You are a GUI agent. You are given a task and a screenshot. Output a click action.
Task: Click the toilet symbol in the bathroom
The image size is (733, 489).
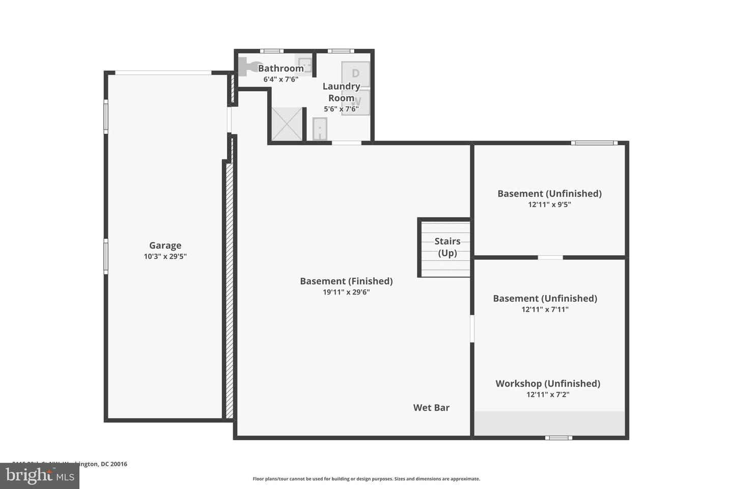coord(248,67)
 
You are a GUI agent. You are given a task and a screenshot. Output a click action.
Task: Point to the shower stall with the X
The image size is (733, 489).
coord(287,124)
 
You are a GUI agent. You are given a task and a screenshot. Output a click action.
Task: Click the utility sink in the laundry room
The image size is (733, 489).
coord(319,129)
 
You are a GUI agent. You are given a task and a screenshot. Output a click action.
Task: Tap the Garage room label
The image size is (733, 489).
coord(165,246)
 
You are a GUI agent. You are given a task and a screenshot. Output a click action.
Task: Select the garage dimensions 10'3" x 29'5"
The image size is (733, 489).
coord(165,257)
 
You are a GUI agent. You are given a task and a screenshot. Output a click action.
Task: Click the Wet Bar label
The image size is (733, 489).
coord(431,407)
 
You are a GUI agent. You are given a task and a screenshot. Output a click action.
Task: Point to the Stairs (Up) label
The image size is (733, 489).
coord(447,247)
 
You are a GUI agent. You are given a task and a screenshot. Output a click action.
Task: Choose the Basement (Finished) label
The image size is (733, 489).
coord(346,281)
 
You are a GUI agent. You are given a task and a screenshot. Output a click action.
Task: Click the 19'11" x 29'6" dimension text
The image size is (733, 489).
coord(346,292)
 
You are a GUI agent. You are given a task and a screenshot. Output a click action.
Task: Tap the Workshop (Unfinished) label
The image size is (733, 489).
coord(548,384)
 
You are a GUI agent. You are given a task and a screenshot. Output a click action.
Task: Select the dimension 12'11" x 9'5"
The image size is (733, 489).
coord(549,205)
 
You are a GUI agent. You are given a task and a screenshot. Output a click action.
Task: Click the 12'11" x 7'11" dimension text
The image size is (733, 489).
coord(545,310)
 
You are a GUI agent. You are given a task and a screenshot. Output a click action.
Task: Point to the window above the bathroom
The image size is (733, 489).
coord(271,51)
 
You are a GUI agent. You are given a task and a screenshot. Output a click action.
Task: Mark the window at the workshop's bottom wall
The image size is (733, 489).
coord(558,438)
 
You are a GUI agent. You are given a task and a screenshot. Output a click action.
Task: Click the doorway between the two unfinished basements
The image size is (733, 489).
coord(550,257)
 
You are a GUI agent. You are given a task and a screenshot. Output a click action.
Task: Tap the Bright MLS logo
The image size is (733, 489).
coord(39,476)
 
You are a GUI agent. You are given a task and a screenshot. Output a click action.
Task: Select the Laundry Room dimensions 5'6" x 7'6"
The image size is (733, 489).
coord(341,109)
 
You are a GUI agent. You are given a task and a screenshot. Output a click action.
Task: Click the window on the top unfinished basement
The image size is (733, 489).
coord(594,143)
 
